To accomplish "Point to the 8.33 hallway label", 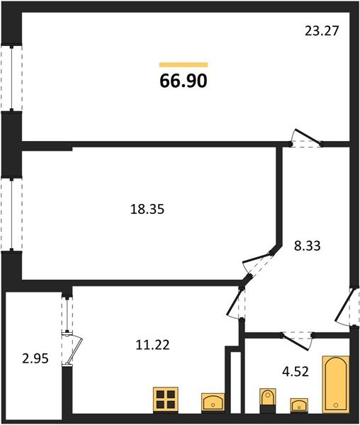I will point(308,247).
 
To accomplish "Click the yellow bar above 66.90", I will point(184,64).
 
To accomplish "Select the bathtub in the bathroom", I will point(335,384).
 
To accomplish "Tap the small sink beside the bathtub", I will point(299,405).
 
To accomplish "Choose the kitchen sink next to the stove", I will point(213,402).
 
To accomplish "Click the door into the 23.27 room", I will point(307,139).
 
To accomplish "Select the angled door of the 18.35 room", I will point(259,266).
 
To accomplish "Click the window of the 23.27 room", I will point(11,78).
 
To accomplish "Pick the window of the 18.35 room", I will point(11,215).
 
